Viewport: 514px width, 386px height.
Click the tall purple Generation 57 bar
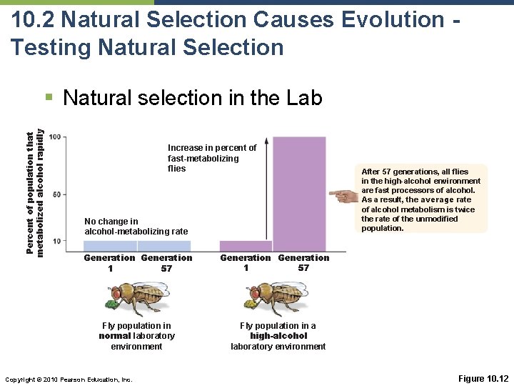[x=300, y=193]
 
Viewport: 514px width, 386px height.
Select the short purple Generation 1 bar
[x=246, y=246]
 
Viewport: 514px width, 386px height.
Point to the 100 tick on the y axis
[x=56, y=137]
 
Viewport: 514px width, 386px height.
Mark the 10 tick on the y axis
[x=57, y=241]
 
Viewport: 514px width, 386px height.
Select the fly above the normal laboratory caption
[x=137, y=296]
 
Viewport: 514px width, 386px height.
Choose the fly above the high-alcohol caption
[x=276, y=296]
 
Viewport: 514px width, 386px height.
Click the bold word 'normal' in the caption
[x=115, y=336]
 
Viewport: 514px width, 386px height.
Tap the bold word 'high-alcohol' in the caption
[x=278, y=336]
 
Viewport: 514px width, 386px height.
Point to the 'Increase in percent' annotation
[x=211, y=158]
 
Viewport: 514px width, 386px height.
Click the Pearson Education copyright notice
[x=69, y=379]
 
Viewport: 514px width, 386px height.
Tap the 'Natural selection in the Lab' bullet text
[x=193, y=98]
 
